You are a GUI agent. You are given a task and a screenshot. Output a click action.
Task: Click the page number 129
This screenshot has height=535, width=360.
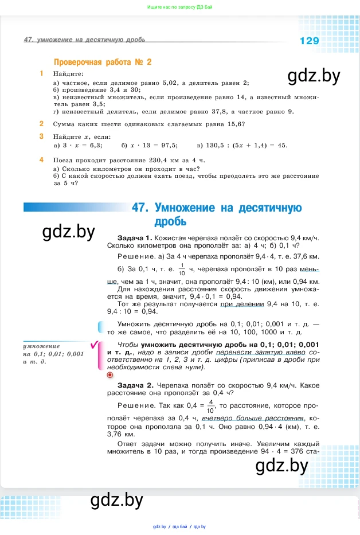[x=309, y=41]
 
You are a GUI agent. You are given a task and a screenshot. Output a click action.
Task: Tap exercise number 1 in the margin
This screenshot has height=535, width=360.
[x=41, y=73]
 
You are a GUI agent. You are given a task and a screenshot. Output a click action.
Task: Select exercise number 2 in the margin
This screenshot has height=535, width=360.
[x=41, y=123]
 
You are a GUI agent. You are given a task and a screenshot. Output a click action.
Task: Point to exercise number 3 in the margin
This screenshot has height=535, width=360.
[x=41, y=136]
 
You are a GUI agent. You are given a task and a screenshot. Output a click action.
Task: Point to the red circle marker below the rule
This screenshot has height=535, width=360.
[x=111, y=374]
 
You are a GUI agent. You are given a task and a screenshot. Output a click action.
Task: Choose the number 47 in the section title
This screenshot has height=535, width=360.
[x=140, y=208]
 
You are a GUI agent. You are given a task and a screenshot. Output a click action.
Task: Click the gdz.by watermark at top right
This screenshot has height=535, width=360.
[x=306, y=76]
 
